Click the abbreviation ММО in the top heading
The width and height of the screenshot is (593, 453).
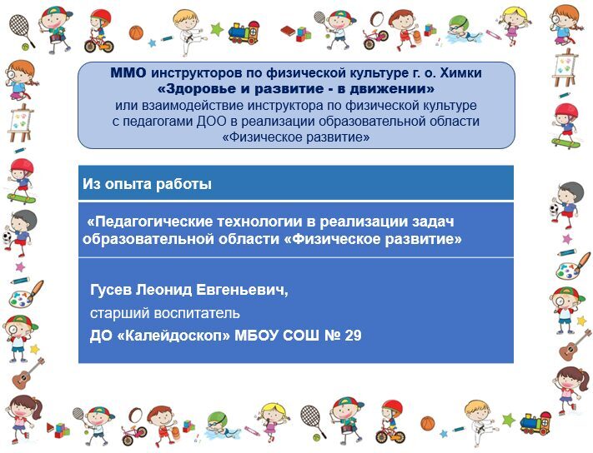128,72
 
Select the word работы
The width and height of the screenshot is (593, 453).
184,184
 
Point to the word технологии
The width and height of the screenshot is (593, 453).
261,222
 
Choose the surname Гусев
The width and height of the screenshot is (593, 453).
111,290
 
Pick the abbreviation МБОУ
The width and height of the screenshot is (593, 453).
258,336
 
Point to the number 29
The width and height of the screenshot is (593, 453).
354,336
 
